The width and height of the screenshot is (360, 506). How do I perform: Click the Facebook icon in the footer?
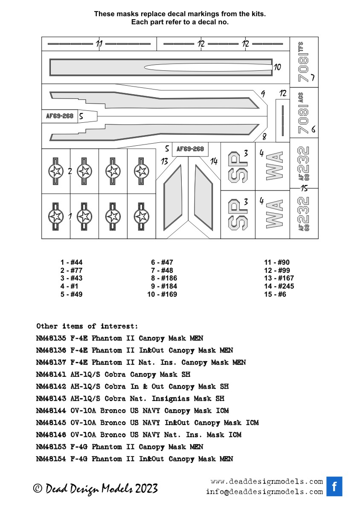click(x=334, y=486)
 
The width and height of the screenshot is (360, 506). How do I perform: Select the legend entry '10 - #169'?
click(x=162, y=295)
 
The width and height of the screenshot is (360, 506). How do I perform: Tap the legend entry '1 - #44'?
click(x=71, y=263)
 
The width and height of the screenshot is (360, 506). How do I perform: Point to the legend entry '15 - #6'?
click(x=275, y=295)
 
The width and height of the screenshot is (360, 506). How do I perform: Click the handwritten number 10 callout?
click(x=277, y=67)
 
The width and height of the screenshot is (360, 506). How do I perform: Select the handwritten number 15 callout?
click(x=304, y=188)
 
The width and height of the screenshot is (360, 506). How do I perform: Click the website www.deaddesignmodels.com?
click(x=267, y=482)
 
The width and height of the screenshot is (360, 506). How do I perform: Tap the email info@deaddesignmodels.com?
click(x=264, y=492)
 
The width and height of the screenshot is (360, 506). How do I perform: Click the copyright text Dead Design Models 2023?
click(x=96, y=489)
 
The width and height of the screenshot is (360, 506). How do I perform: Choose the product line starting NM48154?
click(x=135, y=459)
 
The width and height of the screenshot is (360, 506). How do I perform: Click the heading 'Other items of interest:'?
click(x=87, y=326)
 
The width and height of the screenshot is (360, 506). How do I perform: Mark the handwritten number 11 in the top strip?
click(x=99, y=44)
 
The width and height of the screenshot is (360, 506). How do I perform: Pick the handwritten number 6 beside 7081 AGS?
click(x=313, y=130)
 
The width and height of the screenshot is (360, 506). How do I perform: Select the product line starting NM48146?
click(x=139, y=435)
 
